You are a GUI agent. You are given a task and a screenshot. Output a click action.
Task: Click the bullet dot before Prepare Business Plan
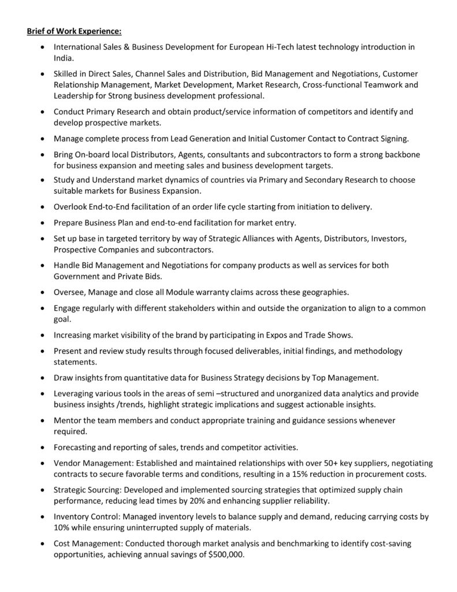[43, 222]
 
